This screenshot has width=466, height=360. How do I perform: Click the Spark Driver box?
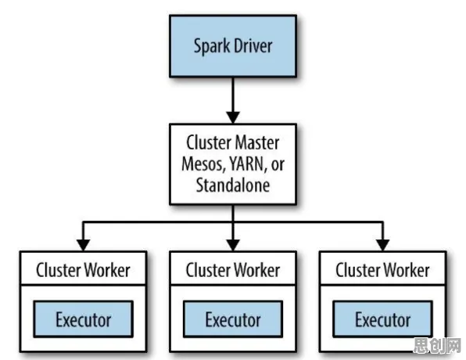pyautogui.click(x=233, y=46)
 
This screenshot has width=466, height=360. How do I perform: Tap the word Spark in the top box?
pyautogui.click(x=212, y=47)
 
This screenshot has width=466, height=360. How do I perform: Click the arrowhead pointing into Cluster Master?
pyautogui.click(x=233, y=117)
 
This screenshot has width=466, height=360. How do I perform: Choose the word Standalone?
pyautogui.click(x=233, y=185)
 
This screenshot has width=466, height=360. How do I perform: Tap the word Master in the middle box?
pyautogui.click(x=258, y=142)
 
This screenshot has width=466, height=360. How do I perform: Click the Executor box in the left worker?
pyautogui.click(x=83, y=319)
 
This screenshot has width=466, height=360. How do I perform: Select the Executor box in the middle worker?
pyautogui.click(x=233, y=319)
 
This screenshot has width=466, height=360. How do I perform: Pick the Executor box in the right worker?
pyautogui.click(x=383, y=319)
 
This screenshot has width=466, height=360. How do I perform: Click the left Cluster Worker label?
pyautogui.click(x=83, y=270)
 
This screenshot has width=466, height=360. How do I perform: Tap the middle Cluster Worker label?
pyautogui.click(x=233, y=270)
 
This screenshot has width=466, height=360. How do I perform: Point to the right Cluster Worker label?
pyautogui.click(x=383, y=270)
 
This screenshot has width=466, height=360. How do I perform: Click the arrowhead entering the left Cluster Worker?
pyautogui.click(x=83, y=245)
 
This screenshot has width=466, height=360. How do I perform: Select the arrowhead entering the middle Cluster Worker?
pyautogui.click(x=233, y=245)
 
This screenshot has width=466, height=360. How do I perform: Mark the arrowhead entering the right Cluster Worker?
pyautogui.click(x=383, y=245)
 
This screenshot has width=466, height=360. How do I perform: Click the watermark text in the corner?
pyautogui.click(x=437, y=345)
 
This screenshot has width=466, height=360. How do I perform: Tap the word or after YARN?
pyautogui.click(x=278, y=165)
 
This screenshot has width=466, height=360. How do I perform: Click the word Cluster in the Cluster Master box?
pyautogui.click(x=209, y=142)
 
